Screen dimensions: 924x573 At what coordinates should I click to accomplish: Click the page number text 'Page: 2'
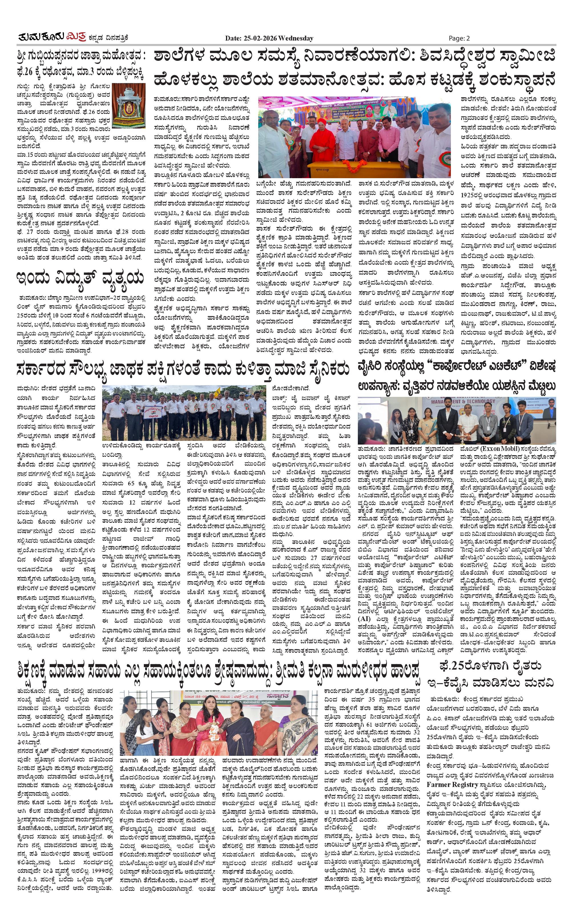[459, 38]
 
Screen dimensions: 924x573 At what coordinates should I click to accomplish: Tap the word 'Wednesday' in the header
[296, 38]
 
